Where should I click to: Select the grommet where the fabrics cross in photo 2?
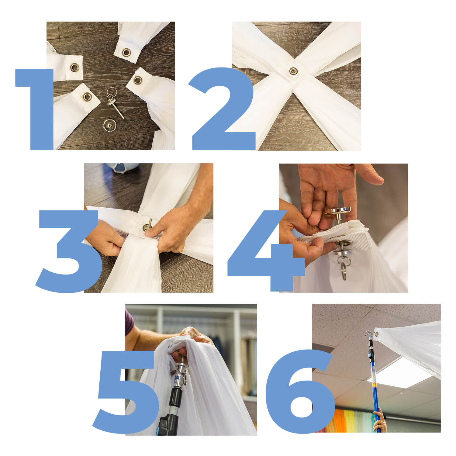[x=293, y=71]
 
